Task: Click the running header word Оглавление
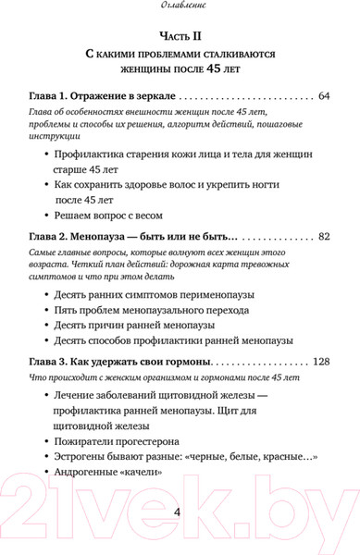click(x=180, y=8)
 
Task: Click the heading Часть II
click(x=180, y=35)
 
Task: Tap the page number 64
click(x=323, y=96)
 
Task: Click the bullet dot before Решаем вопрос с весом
click(x=45, y=214)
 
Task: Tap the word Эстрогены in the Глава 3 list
click(x=88, y=455)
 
